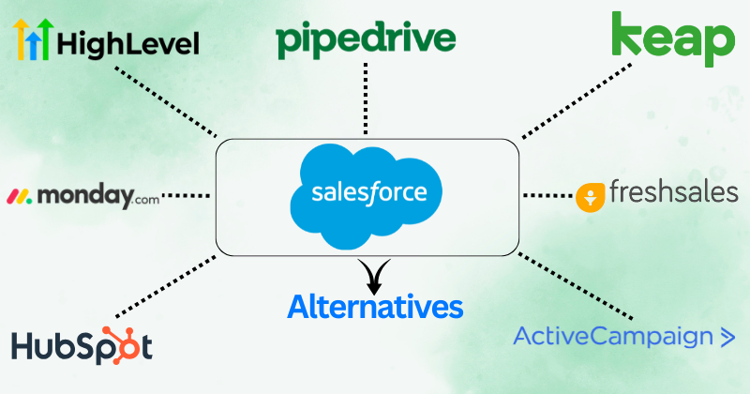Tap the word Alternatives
click(375, 306)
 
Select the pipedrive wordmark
click(366, 39)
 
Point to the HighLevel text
click(127, 43)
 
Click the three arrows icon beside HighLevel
click(31, 40)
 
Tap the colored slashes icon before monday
click(20, 198)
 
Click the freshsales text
click(673, 193)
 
